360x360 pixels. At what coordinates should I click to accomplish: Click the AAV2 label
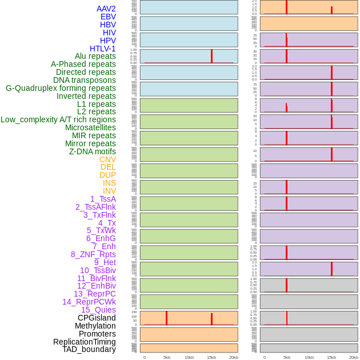pos(106,9)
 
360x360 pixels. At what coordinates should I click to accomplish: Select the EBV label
pos(108,17)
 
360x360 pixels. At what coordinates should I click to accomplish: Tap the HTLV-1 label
pos(102,49)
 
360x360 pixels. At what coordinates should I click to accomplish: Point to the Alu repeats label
pos(95,56)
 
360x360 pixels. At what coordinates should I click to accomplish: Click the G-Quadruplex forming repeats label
pos(61,88)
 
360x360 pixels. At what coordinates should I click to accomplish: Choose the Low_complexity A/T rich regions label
pos(58,119)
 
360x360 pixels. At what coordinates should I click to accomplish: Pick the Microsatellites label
pos(90,127)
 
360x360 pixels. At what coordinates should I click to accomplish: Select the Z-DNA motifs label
pos(93,151)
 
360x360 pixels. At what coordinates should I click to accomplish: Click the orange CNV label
pos(107,159)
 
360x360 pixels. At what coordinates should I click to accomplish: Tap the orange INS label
pos(109,183)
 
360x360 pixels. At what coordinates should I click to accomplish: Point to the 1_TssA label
pos(103,199)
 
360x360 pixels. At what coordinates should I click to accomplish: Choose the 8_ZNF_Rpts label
pos(93,254)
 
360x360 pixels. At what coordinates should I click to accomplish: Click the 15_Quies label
pos(98,310)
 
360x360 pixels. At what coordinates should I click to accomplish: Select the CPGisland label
pos(97,318)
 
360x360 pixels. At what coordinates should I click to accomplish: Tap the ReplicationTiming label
pos(85,342)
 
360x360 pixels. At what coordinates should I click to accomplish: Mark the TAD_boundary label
pos(89,349)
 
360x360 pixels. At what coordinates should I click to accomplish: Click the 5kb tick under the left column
pos(167,357)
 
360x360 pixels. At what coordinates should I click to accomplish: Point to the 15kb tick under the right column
pos(331,357)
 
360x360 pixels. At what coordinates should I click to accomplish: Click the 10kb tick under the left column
pos(189,357)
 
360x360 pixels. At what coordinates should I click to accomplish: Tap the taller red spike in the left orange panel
pos(166,317)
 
